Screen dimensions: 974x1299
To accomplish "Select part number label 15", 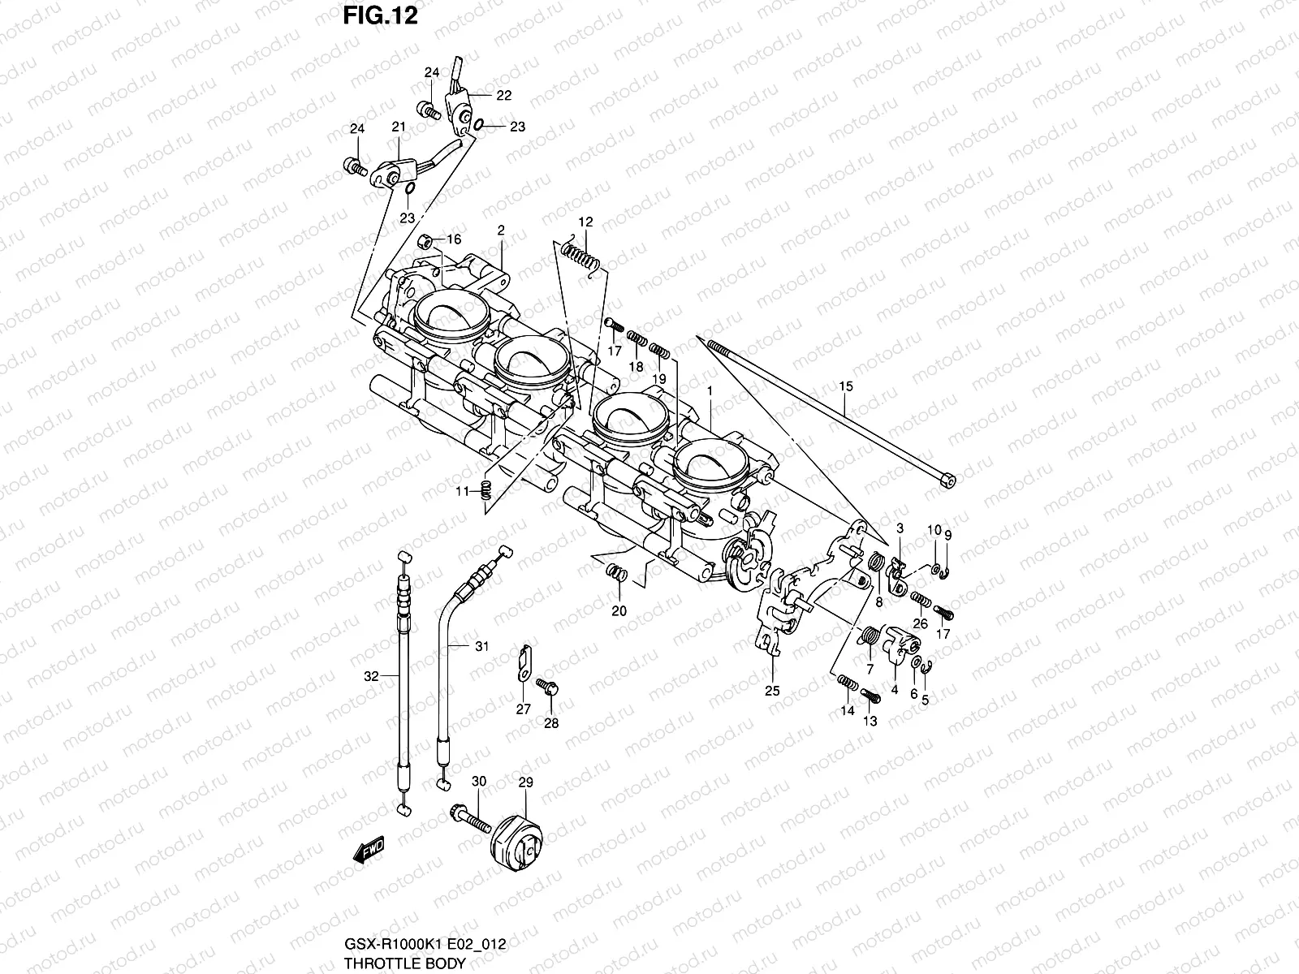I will (847, 387).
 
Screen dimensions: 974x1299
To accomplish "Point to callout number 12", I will (585, 222).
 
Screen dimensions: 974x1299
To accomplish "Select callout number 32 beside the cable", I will (371, 676).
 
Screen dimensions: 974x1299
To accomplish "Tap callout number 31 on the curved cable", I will (481, 647).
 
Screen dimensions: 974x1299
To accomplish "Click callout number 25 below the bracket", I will (771, 691).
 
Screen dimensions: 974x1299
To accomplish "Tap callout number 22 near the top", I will (503, 96).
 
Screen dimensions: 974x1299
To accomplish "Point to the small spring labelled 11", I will (486, 489).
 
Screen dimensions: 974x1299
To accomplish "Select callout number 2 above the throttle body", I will (501, 231).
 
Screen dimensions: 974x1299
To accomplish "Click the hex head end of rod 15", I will (945, 481).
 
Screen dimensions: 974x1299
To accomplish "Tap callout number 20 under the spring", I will (619, 611).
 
